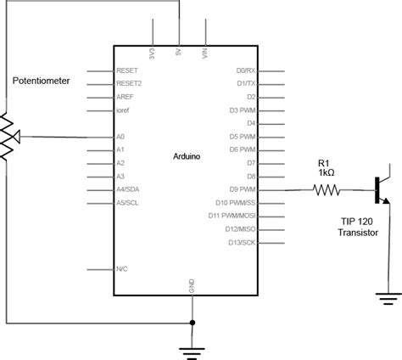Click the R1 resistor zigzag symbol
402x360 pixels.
pyautogui.click(x=327, y=190)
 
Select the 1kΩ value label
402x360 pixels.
pyautogui.click(x=326, y=172)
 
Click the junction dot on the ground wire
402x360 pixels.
pyautogui.click(x=193, y=323)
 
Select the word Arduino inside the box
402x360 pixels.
pyautogui.click(x=187, y=156)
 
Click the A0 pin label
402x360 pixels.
pyautogui.click(x=120, y=137)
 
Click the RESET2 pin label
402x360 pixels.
pyautogui.click(x=128, y=84)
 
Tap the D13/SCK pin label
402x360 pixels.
pyautogui.click(x=241, y=243)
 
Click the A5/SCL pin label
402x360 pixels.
pyautogui.click(x=127, y=203)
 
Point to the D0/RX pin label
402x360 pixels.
pyautogui.click(x=245, y=71)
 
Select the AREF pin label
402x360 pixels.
pyautogui.click(x=124, y=97)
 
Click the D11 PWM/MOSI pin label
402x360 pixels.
pyautogui.click(x=233, y=217)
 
